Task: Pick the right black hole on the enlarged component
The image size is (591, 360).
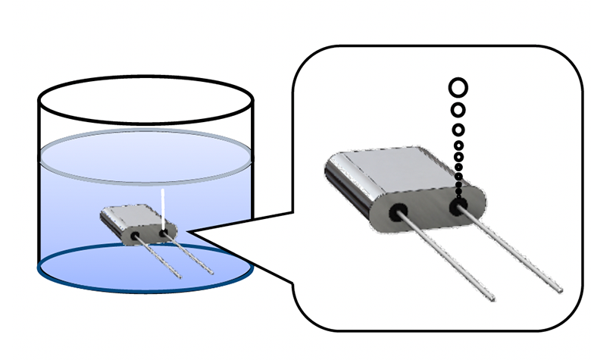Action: coord(458,206)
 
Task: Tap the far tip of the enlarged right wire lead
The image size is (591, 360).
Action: coord(561,290)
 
